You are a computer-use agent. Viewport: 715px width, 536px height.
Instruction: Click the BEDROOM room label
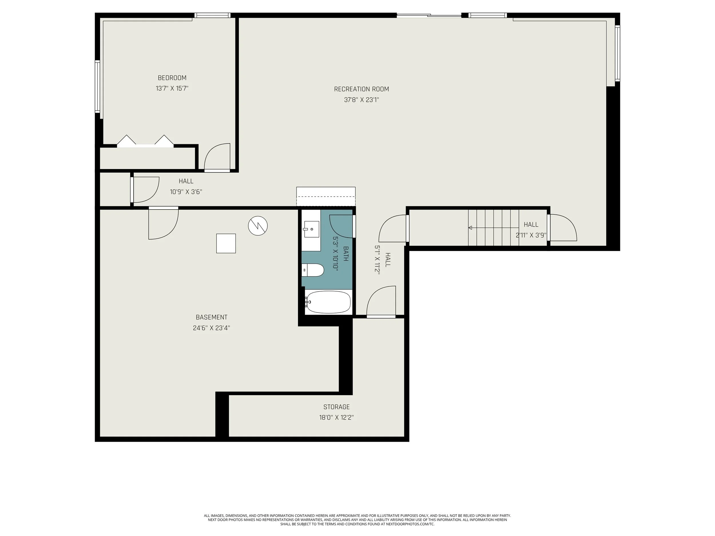click(x=172, y=78)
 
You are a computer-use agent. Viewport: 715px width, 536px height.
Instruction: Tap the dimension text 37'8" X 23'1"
click(x=362, y=100)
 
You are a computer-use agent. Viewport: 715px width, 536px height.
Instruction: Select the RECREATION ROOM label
click(x=362, y=89)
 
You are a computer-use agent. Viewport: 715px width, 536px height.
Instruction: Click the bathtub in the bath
click(x=328, y=302)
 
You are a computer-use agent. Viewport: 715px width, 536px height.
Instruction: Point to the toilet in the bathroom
click(x=313, y=270)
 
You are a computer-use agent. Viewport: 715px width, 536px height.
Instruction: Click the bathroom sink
click(x=311, y=229)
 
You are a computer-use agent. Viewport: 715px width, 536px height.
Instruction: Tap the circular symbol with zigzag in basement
click(x=258, y=226)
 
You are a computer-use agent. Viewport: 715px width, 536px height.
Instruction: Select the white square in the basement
click(x=226, y=243)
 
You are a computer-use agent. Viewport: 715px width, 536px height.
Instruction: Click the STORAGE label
click(x=337, y=407)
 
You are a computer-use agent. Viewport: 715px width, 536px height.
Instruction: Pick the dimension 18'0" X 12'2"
click(x=337, y=417)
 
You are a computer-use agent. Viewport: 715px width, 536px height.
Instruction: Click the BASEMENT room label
click(x=211, y=317)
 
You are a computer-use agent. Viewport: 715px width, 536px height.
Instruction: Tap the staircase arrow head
click(x=470, y=228)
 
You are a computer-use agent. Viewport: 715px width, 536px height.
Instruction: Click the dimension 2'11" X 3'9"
click(x=531, y=235)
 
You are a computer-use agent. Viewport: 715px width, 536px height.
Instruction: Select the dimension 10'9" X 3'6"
click(x=186, y=192)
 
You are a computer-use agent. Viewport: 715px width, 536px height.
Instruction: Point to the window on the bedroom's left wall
click(x=97, y=87)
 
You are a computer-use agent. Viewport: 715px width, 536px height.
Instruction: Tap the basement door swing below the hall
click(x=162, y=224)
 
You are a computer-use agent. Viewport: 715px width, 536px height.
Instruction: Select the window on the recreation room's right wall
click(x=617, y=53)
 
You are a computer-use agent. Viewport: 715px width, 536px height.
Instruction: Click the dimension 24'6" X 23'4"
click(x=211, y=328)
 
